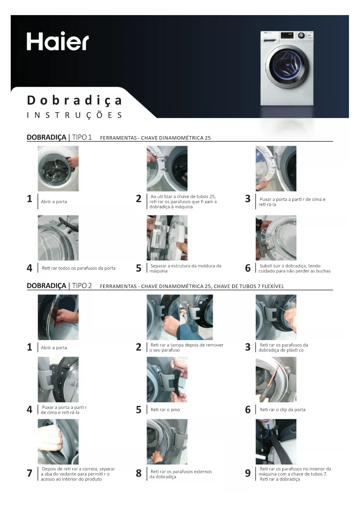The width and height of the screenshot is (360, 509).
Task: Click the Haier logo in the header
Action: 58,41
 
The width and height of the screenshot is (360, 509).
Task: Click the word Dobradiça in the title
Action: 75,100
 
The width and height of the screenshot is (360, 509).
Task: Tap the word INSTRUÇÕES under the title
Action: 75,115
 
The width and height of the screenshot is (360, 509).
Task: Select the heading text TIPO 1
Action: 82,137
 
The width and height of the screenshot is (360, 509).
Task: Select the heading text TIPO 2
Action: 82,286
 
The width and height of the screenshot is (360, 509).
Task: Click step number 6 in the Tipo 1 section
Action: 248,268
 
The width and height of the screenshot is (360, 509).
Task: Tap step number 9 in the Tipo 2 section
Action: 248,473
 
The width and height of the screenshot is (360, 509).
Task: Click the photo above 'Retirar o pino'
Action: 167,379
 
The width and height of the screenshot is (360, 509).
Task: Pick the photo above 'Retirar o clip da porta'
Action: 276,379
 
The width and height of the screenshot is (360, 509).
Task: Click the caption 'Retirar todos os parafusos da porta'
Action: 79,268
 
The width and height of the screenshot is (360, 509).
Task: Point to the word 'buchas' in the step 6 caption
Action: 323,271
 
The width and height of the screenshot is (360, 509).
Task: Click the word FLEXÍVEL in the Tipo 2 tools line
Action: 273,286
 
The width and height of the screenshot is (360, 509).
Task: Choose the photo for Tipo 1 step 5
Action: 167,238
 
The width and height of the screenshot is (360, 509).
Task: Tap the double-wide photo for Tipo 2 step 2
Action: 180,317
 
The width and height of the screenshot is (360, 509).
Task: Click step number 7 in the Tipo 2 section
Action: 30,473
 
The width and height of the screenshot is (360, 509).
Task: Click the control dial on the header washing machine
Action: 301,35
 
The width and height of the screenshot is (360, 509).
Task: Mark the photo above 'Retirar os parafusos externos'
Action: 167,442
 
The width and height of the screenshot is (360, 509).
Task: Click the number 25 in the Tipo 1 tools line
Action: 208,138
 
